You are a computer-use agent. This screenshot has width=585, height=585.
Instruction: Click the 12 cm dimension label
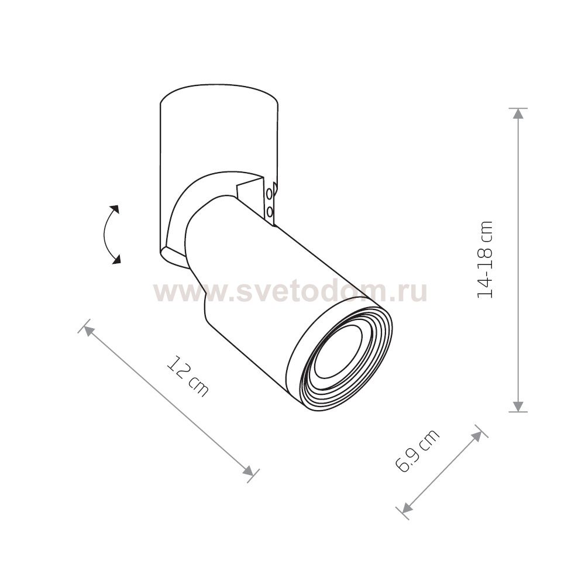(187, 376)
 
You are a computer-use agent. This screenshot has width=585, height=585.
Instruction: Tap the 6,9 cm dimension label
(417, 451)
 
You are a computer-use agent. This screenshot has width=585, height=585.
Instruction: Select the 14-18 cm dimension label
(485, 260)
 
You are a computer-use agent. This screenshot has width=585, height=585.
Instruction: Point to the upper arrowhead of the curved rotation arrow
(115, 209)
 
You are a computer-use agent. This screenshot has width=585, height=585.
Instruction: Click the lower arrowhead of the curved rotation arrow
(117, 259)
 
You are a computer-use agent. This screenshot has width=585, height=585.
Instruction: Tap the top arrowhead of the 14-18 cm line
(518, 113)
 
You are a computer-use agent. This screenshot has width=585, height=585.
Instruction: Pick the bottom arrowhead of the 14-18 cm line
(518, 407)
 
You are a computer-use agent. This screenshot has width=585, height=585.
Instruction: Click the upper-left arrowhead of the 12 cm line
(88, 330)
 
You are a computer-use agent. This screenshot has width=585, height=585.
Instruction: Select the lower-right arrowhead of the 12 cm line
(248, 471)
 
